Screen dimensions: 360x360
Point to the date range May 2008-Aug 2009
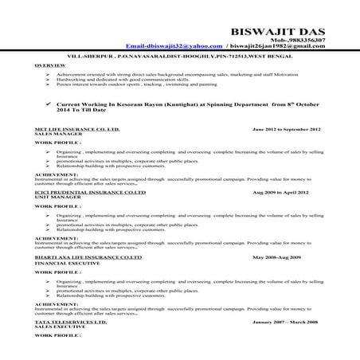coord(276,258)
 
